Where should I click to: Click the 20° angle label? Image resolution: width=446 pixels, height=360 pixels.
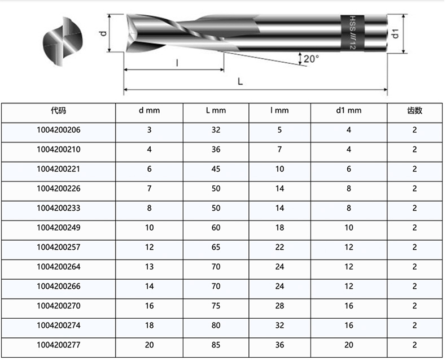coord(311,59)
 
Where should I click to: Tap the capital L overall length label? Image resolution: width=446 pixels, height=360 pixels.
coord(240,82)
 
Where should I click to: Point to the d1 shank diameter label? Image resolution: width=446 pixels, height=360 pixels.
coord(395,33)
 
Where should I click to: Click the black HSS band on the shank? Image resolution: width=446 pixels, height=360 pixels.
coord(352,33)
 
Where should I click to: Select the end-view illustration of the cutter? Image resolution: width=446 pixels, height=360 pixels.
coord(63,42)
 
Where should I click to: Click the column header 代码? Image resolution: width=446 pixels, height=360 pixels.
coord(59,110)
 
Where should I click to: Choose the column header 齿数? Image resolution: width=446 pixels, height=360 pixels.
coord(414,110)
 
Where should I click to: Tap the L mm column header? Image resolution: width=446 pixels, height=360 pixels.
coord(216,111)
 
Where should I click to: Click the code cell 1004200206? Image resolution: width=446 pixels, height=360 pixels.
coord(59,130)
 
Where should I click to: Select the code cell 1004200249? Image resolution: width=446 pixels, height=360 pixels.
coord(59,228)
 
